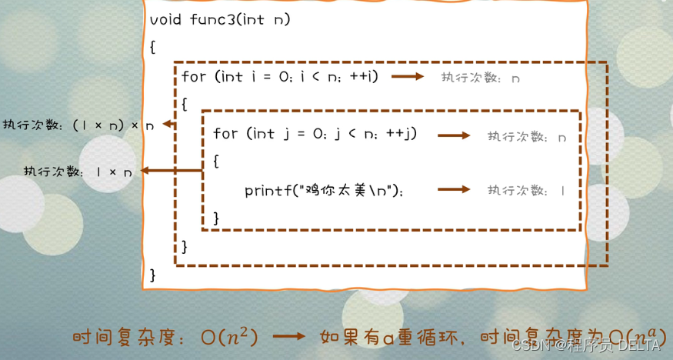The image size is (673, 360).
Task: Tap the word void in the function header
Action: point(165,19)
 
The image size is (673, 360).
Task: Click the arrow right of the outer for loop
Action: point(408,76)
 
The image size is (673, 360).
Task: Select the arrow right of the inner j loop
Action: point(454,135)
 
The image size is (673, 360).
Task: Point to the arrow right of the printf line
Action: point(454,189)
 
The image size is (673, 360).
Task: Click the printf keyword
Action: point(266,190)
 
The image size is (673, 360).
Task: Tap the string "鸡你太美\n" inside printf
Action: point(351,190)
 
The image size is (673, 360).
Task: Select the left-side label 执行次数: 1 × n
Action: point(78,172)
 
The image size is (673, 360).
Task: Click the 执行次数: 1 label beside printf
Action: point(526,190)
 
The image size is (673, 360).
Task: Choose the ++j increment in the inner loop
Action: point(404,134)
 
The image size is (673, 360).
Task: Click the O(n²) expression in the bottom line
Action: point(228,337)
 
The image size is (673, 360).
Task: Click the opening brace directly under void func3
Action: point(152,47)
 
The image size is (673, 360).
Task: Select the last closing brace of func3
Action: point(152,274)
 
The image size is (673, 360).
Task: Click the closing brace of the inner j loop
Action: point(216,218)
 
